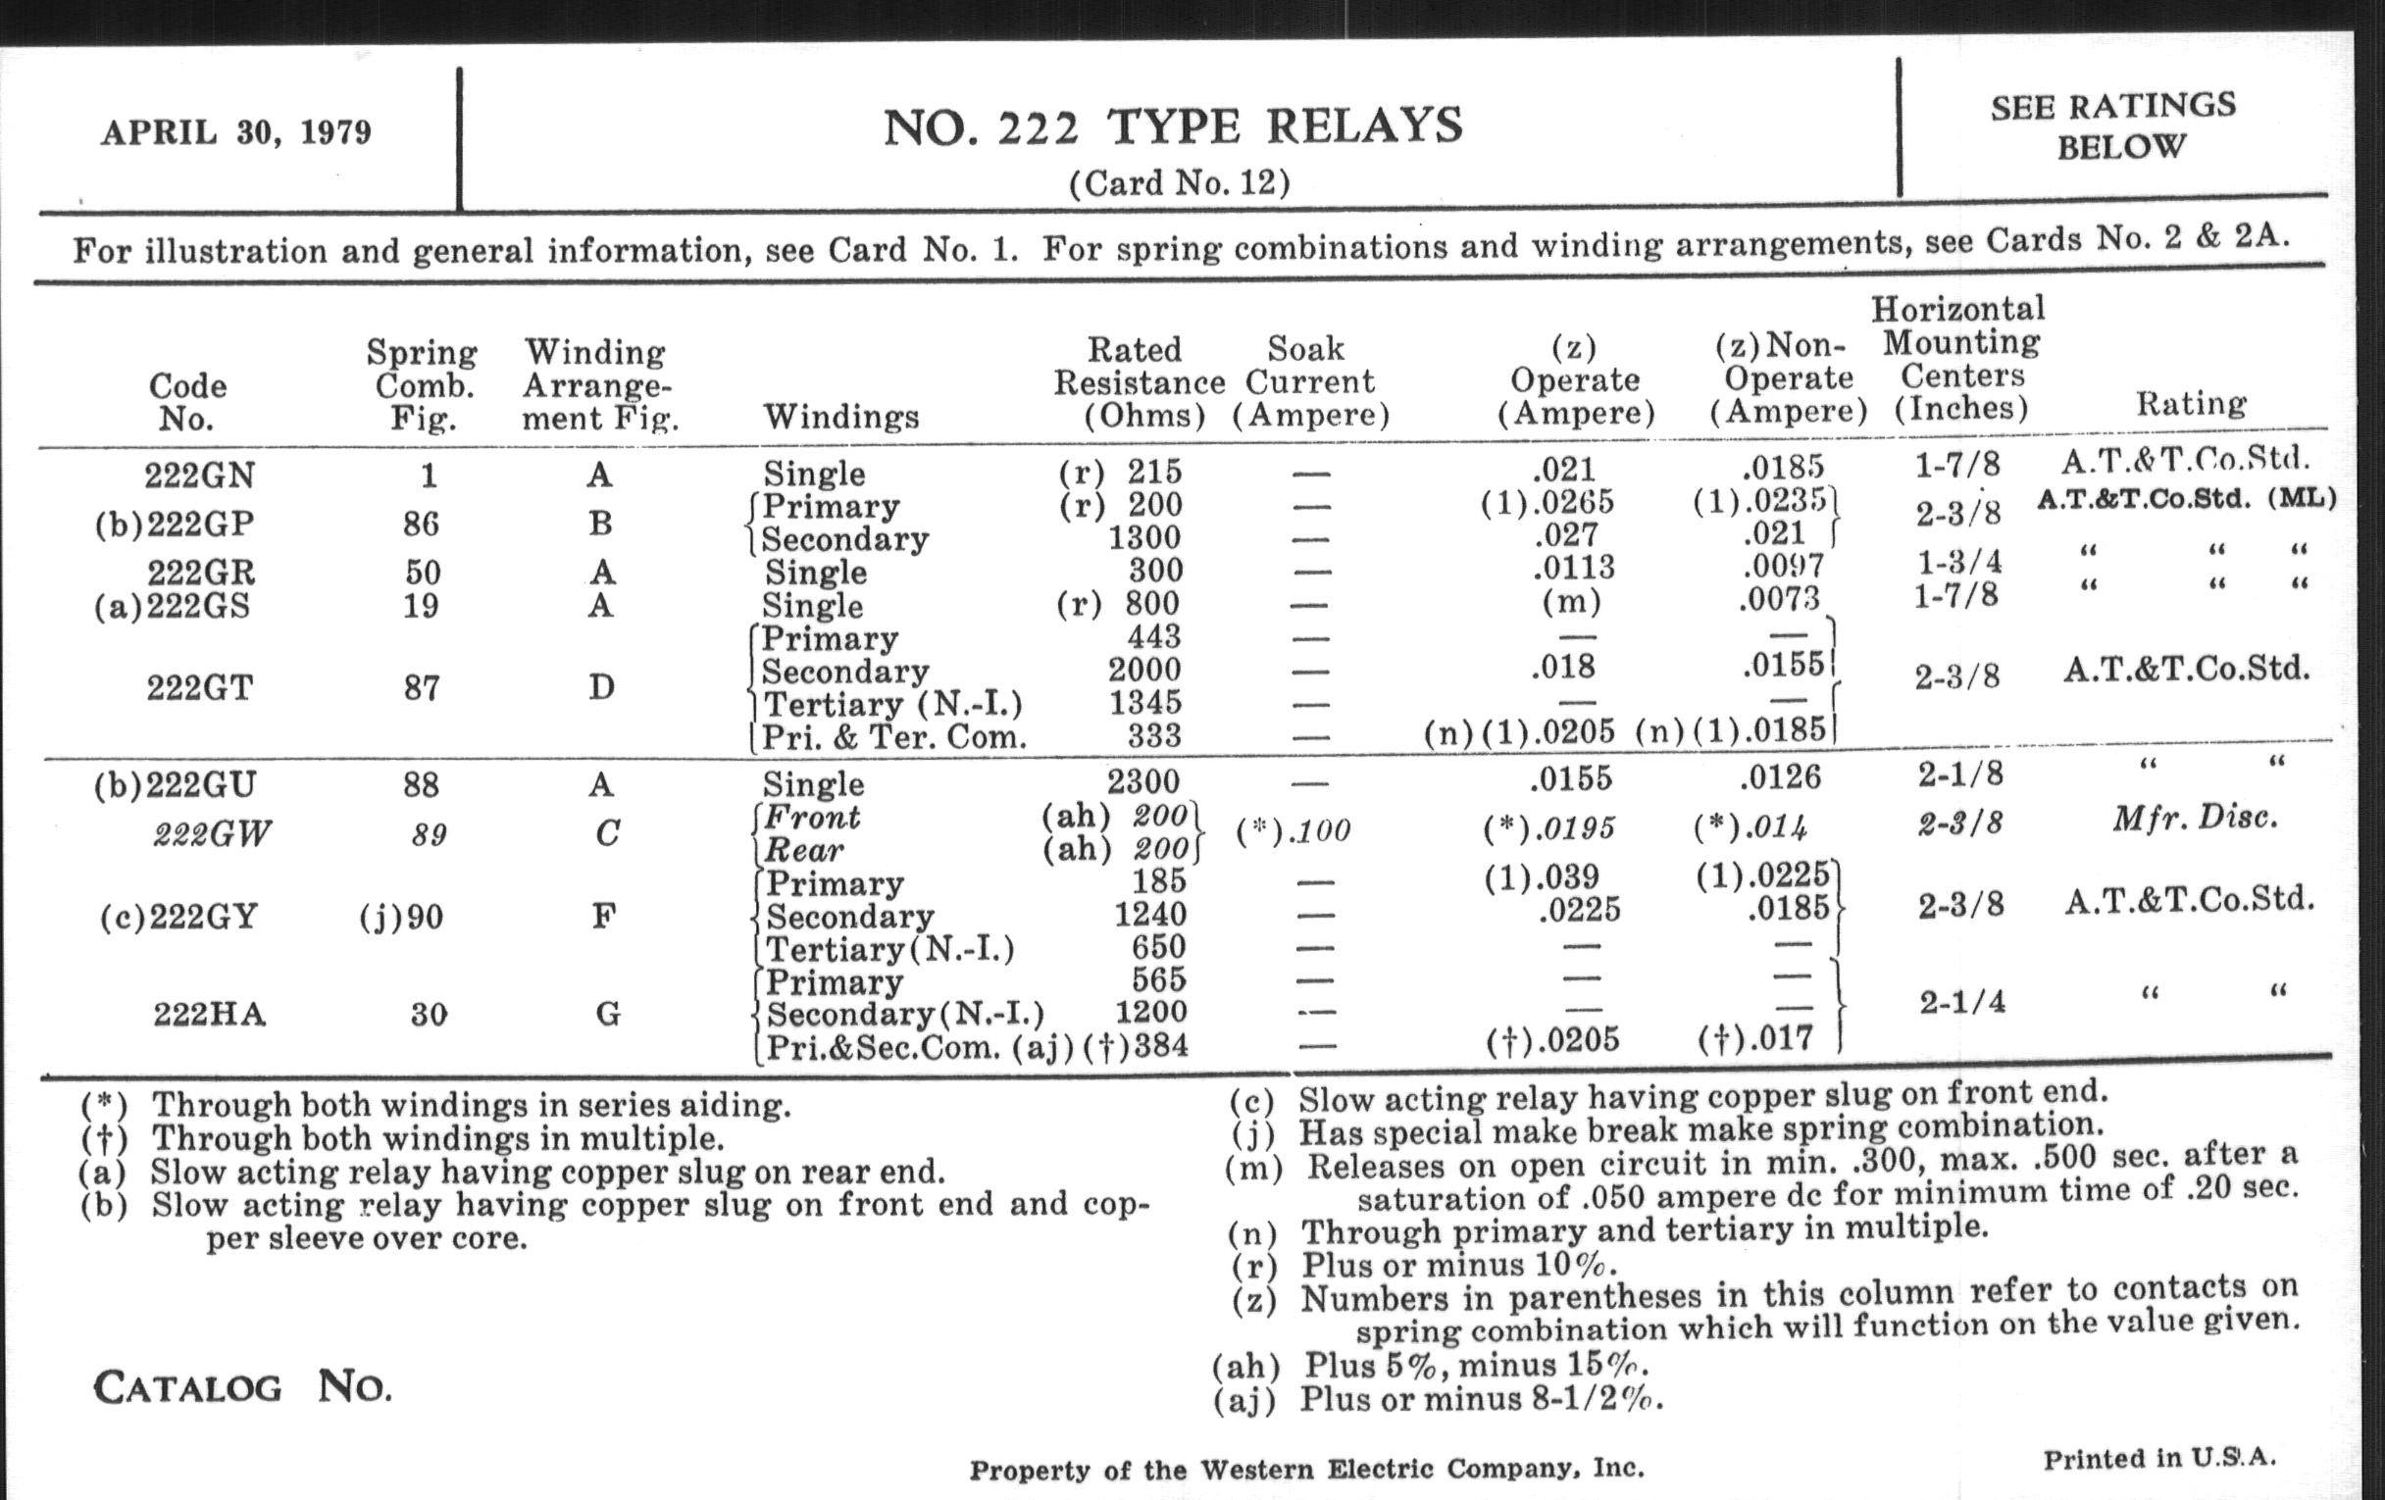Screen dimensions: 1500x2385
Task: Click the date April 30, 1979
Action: (235, 132)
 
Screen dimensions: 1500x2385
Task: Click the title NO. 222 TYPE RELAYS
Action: (1173, 127)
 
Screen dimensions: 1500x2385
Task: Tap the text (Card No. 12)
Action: (1180, 183)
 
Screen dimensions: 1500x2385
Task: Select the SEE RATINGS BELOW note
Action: (2112, 125)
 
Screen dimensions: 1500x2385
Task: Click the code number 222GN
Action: (200, 475)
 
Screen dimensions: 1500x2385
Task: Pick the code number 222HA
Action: (210, 1015)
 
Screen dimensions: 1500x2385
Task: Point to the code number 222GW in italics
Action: (212, 834)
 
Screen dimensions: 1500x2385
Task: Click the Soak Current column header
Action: (1310, 381)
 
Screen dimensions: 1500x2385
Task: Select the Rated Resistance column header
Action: (1139, 382)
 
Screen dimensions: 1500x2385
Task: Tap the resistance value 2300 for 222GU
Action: (1143, 782)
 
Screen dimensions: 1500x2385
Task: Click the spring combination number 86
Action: (421, 523)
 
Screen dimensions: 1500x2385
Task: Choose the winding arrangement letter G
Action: (607, 1014)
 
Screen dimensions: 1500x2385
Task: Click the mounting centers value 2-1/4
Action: (1962, 1002)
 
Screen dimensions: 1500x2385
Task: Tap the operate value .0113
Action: (1574, 568)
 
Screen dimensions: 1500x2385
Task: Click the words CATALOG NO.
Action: (241, 1387)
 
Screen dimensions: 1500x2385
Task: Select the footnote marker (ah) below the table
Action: (1246, 1367)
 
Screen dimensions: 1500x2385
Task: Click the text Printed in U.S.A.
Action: (2159, 1459)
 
